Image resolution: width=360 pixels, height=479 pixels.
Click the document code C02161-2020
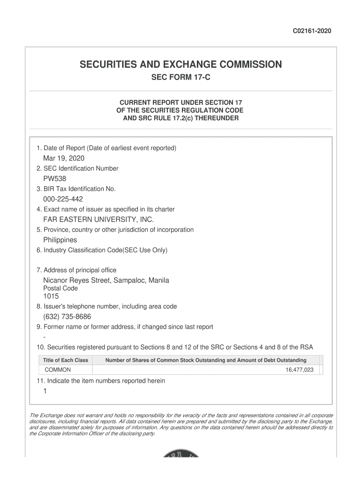coord(312,31)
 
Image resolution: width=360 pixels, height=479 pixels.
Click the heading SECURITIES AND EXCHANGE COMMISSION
coord(180,65)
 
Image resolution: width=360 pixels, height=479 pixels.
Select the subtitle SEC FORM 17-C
coord(180,77)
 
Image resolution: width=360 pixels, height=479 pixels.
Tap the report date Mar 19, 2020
coord(64,158)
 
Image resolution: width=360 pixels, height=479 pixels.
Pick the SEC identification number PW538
coord(55,179)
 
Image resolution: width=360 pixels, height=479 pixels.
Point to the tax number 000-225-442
coord(63,199)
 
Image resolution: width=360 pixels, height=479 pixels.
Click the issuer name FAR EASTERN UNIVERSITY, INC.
coord(98,219)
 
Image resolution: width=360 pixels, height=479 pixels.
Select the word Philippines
coord(60,240)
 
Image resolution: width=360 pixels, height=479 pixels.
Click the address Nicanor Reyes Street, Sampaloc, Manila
coord(106,280)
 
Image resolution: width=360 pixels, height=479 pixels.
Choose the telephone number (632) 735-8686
coord(67,317)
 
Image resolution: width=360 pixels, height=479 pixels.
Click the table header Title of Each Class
coord(65,360)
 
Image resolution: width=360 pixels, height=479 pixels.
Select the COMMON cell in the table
coord(58,370)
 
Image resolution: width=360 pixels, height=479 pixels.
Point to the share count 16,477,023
coord(299,370)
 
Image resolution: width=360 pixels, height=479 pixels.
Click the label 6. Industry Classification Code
coord(102,250)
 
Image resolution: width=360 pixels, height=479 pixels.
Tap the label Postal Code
coord(60,289)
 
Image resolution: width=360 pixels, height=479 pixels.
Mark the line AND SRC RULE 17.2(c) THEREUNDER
coord(180,118)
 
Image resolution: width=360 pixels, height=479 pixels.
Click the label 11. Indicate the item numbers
coord(101,381)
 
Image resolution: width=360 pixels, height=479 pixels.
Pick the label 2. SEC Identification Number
coord(78,168)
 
